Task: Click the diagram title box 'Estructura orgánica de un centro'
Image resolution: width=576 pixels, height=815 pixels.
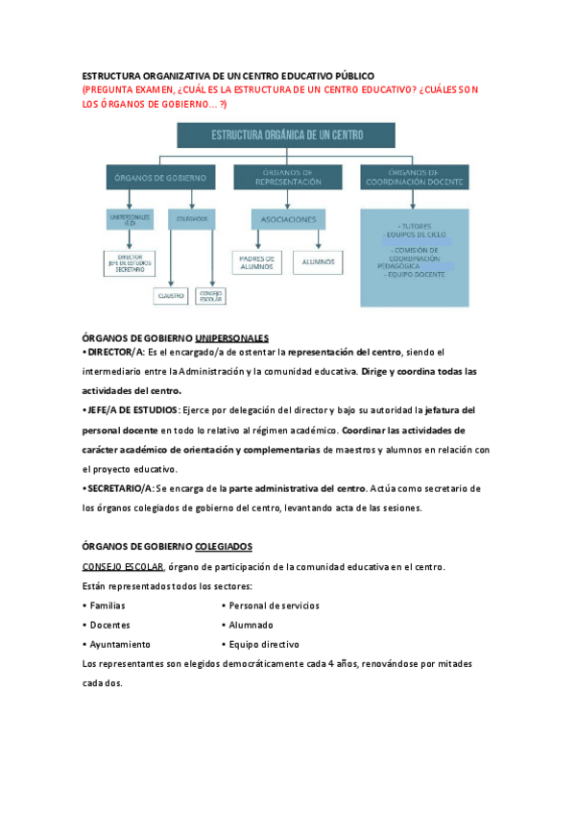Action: pos(285,135)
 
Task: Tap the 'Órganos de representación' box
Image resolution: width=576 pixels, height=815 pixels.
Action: pos(288,178)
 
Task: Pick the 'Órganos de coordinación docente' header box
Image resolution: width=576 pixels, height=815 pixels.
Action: pos(415,178)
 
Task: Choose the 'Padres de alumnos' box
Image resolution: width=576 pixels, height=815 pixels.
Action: pos(256,261)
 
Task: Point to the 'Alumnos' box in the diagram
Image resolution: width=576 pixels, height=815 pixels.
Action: pos(317,261)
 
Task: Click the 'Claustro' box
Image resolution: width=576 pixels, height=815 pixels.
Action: pos(170,296)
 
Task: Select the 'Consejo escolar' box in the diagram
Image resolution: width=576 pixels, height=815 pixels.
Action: pos(210,296)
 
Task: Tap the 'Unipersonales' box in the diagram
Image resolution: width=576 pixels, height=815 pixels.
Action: pos(130,220)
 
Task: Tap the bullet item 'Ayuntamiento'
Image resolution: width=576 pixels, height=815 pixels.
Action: pos(120,645)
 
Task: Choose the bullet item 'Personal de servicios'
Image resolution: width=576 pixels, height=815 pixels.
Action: pos(274,605)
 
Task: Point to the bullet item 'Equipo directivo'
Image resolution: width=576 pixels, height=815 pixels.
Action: pos(263,645)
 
